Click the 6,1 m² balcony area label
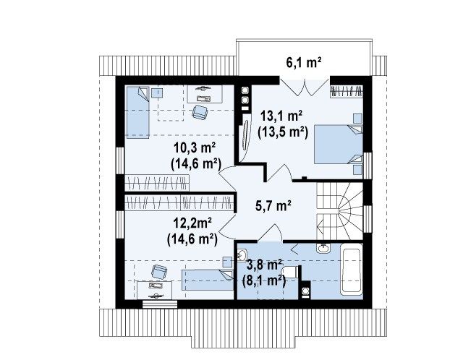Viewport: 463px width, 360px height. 304,63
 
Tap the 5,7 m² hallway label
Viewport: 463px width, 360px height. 273,206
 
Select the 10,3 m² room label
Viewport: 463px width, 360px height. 195,147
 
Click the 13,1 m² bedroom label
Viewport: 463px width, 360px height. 281,116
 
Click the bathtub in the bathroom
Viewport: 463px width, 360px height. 351,269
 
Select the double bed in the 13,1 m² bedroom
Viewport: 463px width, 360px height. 339,144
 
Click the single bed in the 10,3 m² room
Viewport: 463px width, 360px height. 138,112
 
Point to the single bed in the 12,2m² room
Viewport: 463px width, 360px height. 208,280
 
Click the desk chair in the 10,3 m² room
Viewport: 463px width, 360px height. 200,112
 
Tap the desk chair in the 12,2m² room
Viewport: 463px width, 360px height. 159,272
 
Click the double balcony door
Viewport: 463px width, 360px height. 305,87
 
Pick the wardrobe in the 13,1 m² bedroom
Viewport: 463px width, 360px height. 346,91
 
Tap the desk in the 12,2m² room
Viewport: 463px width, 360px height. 155,290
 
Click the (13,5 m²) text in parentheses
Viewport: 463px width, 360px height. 283,132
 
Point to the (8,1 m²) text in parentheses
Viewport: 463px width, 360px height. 263,280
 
